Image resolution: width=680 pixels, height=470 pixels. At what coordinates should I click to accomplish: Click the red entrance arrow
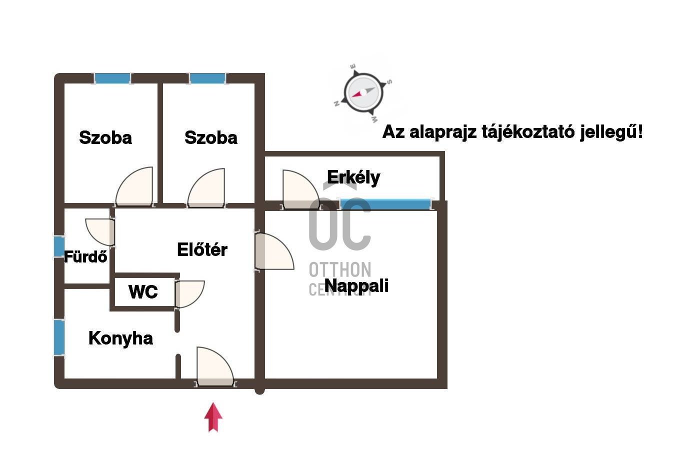(x=213, y=417)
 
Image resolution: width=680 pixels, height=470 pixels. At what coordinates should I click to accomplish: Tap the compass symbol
(x=363, y=93)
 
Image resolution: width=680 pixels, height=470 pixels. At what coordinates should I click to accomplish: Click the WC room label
(x=143, y=292)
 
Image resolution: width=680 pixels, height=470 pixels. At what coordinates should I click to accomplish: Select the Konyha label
(x=120, y=338)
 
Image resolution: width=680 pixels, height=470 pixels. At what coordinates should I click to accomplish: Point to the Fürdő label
(x=86, y=257)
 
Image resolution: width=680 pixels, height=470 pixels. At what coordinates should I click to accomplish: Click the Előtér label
(x=202, y=249)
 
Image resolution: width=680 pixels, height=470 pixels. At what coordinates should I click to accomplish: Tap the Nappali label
(x=356, y=286)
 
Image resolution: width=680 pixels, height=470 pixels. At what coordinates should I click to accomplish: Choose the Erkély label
(x=353, y=177)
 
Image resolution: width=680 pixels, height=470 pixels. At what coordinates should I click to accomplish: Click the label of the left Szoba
(x=105, y=138)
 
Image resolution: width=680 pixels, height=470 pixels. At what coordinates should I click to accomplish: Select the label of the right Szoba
(x=211, y=138)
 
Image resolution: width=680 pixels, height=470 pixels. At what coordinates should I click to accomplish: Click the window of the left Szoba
(x=112, y=78)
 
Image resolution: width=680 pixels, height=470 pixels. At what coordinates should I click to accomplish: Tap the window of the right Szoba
(x=207, y=78)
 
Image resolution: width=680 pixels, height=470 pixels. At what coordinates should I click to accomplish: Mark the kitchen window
(x=59, y=337)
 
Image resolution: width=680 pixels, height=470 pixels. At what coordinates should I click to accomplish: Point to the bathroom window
(x=59, y=246)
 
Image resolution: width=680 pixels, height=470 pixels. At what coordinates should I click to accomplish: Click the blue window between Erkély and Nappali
(x=385, y=204)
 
